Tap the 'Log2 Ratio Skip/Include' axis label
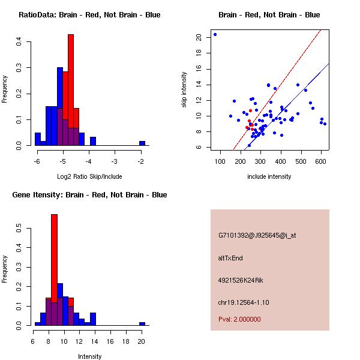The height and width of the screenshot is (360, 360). (x=89, y=176)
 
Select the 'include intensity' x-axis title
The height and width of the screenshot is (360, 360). (x=269, y=176)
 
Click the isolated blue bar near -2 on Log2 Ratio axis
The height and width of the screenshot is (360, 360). (x=142, y=143)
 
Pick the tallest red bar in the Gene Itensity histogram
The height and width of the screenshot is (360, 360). (x=54, y=258)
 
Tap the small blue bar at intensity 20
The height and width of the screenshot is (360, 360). (x=142, y=323)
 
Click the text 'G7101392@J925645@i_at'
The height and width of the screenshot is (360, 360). (x=257, y=235)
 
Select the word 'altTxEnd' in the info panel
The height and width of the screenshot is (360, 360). (x=230, y=258)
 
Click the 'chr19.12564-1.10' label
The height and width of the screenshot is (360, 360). (x=244, y=302)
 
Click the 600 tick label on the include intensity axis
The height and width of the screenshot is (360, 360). (x=322, y=161)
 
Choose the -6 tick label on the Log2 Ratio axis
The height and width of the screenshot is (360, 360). (x=37, y=161)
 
